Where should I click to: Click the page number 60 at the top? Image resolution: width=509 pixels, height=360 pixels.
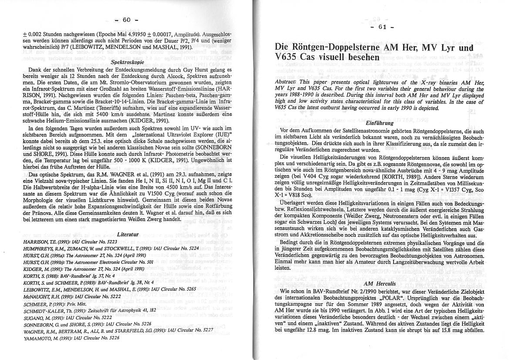tap(127, 20)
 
